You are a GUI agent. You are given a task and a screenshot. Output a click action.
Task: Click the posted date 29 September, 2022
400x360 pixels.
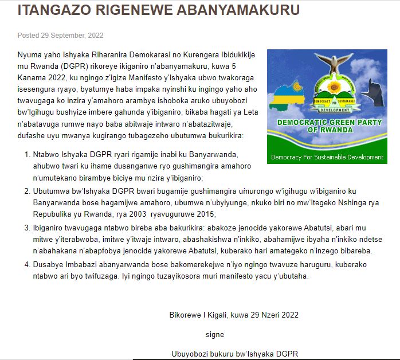pyautogui.click(x=72, y=35)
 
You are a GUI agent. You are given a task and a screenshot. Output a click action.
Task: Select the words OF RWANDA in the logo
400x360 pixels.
pyautogui.click(x=327, y=131)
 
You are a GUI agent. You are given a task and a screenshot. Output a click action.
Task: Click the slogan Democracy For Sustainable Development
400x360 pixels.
pyautogui.click(x=327, y=157)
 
